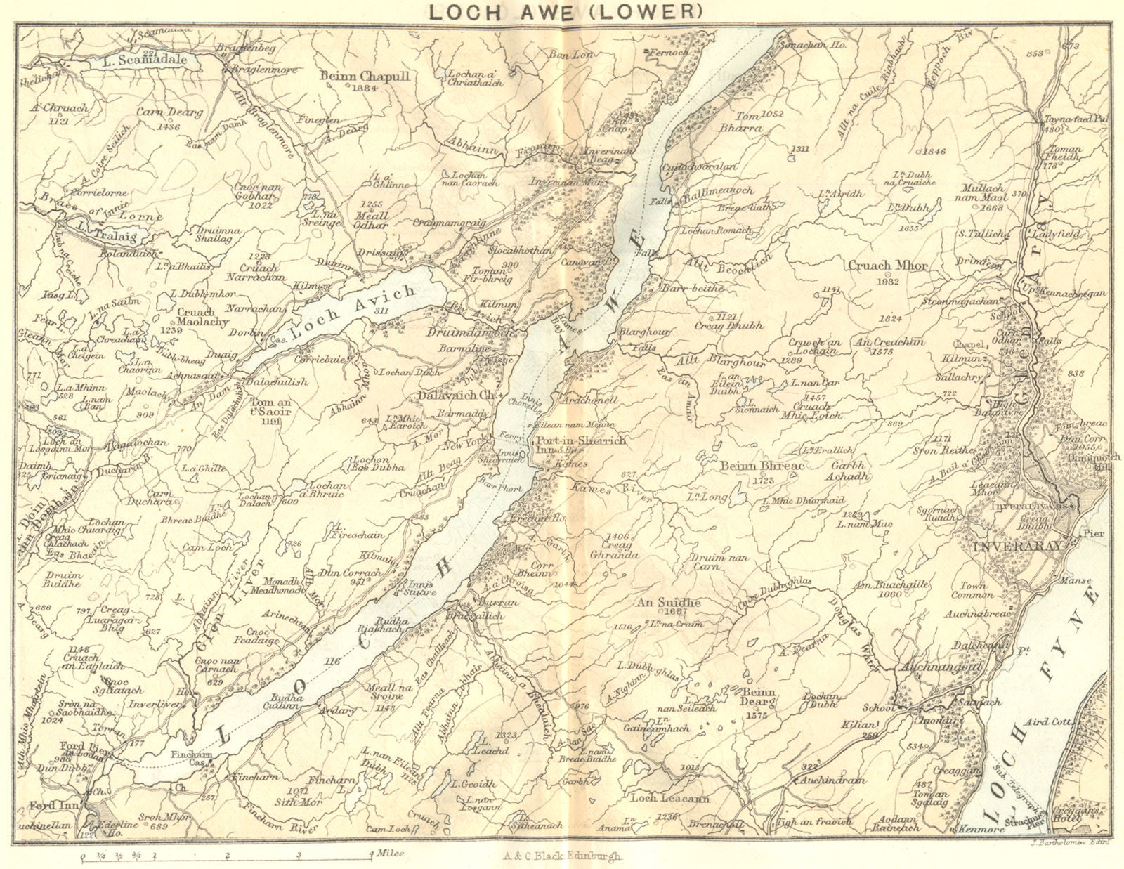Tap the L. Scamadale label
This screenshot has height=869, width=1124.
pyautogui.click(x=145, y=60)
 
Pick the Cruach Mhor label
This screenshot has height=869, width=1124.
pyautogui.click(x=888, y=266)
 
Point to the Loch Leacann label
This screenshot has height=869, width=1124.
pyautogui.click(x=665, y=798)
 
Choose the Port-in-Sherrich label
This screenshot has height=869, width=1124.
pyautogui.click(x=580, y=440)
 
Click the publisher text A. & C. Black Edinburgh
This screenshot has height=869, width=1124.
pyautogui.click(x=562, y=856)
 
